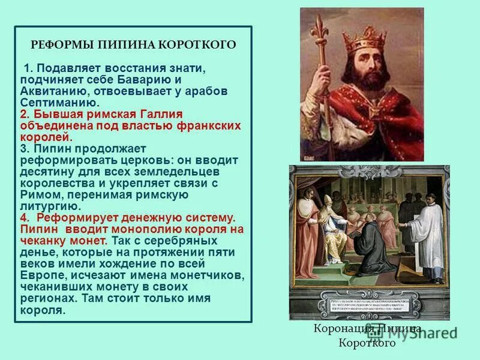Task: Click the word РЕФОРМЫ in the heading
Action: [x=59, y=45]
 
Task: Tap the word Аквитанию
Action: [x=54, y=91]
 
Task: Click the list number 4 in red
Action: [x=24, y=217]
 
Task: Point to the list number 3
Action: [x=24, y=148]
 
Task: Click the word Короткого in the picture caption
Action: [x=367, y=343]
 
